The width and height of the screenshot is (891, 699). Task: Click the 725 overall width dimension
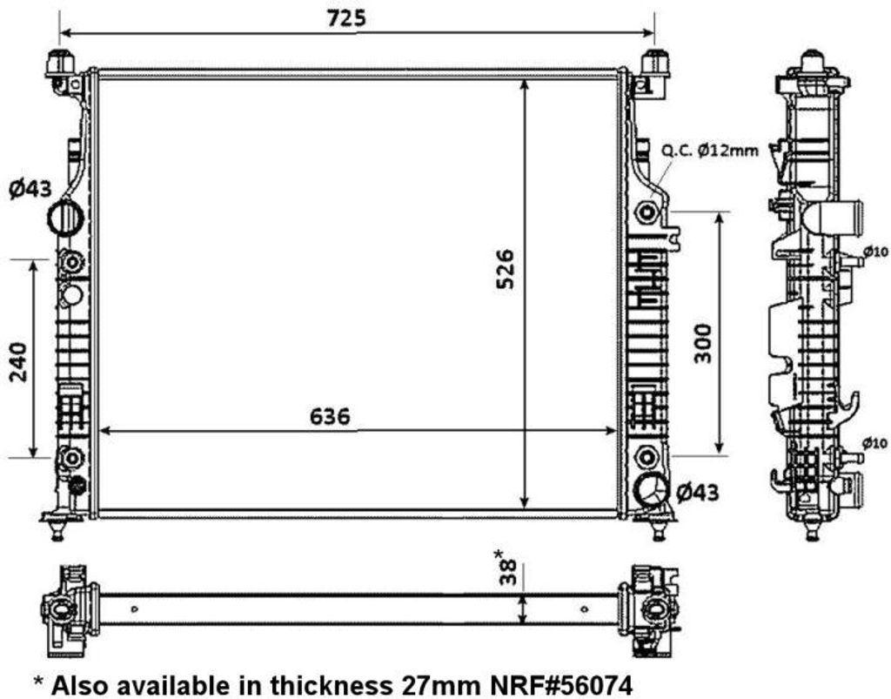347,17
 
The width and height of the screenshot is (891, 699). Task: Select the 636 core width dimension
330,417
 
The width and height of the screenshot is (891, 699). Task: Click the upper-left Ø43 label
30,187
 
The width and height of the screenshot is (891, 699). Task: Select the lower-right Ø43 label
697,493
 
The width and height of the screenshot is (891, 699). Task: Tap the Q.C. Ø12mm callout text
709,150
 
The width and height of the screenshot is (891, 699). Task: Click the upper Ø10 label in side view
875,252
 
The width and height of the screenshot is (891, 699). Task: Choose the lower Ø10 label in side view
875,443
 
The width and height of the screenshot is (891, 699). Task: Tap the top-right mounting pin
654,64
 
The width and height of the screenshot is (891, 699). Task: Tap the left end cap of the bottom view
65,608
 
